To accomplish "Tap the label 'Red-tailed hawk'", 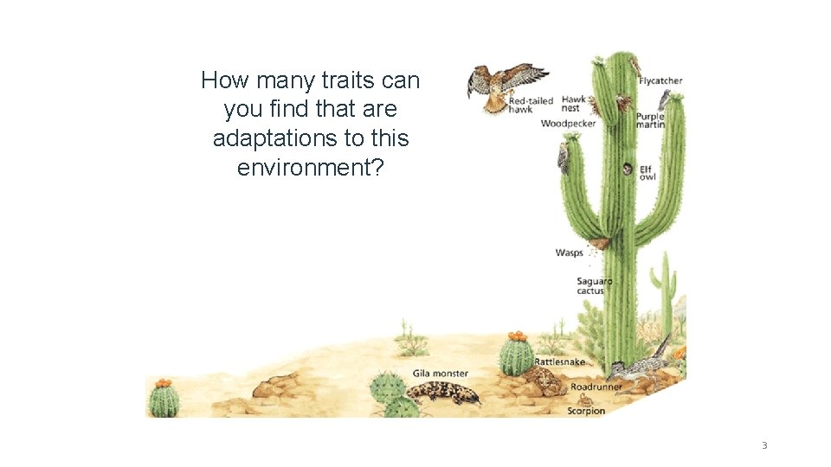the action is pyautogui.click(x=530, y=105).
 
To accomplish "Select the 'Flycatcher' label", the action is pyautogui.click(x=660, y=81).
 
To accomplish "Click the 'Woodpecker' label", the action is pyautogui.click(x=568, y=124).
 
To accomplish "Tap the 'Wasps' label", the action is pyautogui.click(x=569, y=253).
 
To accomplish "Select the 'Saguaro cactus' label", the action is pyautogui.click(x=594, y=285).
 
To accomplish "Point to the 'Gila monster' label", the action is pyautogui.click(x=440, y=374).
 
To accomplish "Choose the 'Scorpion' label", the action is pyautogui.click(x=585, y=411).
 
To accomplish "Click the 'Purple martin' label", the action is pyautogui.click(x=650, y=121).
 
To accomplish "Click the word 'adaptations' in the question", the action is pyautogui.click(x=267, y=138).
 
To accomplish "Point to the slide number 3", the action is pyautogui.click(x=763, y=445).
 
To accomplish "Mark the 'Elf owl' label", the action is pyautogui.click(x=647, y=172).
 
